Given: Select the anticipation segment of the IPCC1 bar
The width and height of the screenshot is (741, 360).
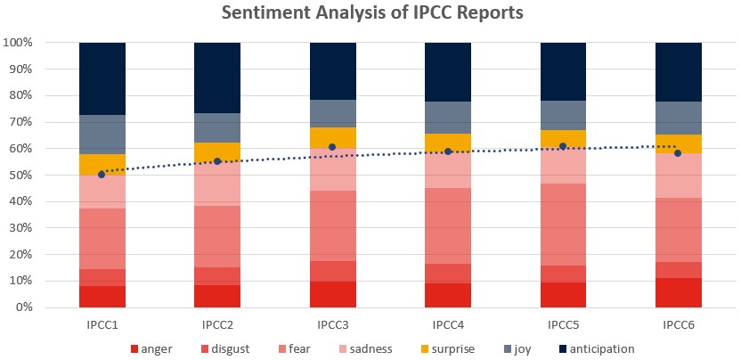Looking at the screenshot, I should click(102, 78).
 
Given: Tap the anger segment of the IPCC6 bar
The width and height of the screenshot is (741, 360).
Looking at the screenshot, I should click(678, 292).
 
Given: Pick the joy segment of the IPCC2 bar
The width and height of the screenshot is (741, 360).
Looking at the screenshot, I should click(217, 127).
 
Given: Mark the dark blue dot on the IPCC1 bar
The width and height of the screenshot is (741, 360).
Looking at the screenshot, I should click(102, 175).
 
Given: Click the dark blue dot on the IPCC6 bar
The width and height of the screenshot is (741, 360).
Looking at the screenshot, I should click(678, 153).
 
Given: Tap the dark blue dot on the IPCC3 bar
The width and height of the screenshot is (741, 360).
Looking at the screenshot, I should click(332, 147).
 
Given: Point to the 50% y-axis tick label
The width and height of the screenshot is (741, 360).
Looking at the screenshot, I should click(20, 176).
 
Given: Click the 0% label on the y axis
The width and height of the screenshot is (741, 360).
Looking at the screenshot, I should click(24, 307).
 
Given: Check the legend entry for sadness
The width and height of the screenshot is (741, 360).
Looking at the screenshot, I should click(366, 349).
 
